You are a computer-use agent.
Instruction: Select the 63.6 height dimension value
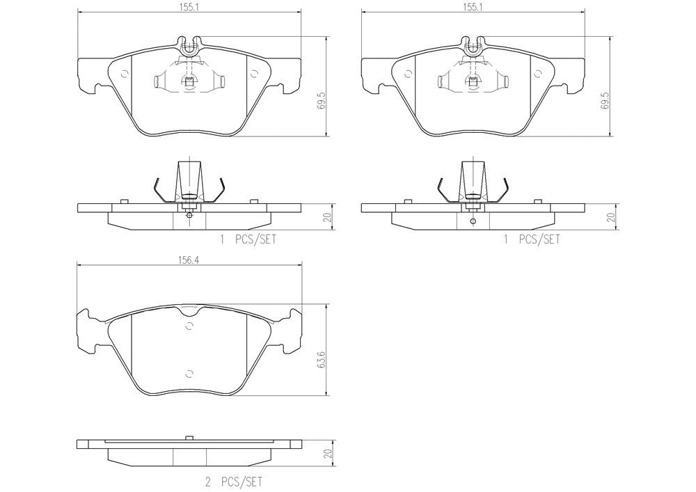[320, 362]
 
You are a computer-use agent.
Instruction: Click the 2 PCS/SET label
[233, 481]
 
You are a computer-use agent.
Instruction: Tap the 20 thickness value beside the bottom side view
[329, 454]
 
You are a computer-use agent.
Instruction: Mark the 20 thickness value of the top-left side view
[329, 217]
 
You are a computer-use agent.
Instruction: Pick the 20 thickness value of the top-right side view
[611, 217]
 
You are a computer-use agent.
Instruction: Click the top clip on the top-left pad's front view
[189, 45]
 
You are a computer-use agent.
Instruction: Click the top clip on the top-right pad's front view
[473, 45]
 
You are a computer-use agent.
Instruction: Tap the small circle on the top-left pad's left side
[125, 75]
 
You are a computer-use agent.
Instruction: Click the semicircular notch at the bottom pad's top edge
[189, 324]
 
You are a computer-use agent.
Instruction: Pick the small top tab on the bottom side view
[189, 438]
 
